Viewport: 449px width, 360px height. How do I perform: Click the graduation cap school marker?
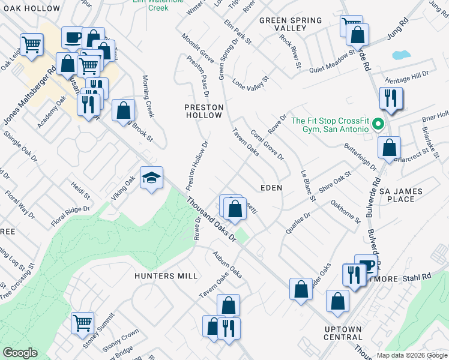152,178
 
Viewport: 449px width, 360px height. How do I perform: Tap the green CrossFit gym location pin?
378,125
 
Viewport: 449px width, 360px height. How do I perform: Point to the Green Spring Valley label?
291,24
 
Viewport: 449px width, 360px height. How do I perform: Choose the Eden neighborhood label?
271,188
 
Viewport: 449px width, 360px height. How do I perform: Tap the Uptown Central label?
343,333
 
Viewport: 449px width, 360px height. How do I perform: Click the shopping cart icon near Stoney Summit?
82,322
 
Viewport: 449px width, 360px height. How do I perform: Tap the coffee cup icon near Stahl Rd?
366,265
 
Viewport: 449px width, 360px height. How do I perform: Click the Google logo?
20,353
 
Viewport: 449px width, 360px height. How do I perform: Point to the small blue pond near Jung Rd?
401,55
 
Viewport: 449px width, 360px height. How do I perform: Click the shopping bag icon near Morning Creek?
123,110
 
